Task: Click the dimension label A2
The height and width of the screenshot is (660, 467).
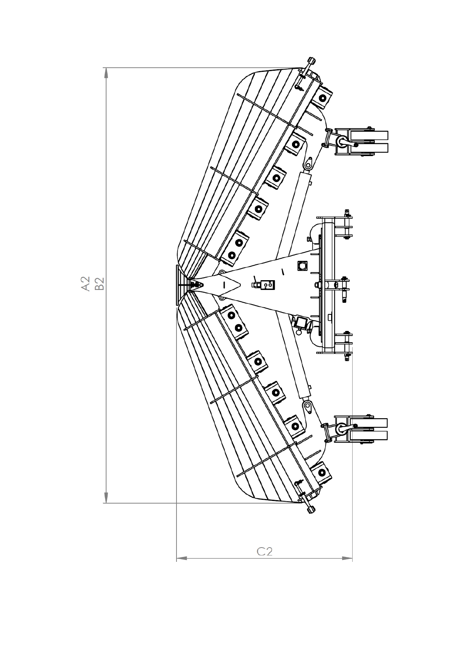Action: (85, 284)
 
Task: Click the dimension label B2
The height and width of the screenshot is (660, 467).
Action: (99, 284)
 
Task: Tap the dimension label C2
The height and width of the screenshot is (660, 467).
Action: (265, 551)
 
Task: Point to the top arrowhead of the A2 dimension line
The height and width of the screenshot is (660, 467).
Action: (106, 73)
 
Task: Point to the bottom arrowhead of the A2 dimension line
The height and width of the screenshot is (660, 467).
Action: (106, 498)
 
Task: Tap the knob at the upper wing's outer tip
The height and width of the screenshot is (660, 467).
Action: (312, 61)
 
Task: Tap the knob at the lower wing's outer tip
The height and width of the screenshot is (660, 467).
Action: (311, 510)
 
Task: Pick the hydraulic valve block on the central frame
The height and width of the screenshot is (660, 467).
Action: (268, 285)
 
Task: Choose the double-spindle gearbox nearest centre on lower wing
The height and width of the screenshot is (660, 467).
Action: (235, 322)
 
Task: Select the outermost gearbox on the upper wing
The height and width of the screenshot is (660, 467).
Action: (322, 97)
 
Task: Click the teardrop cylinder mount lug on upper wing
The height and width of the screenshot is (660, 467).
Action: (309, 164)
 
